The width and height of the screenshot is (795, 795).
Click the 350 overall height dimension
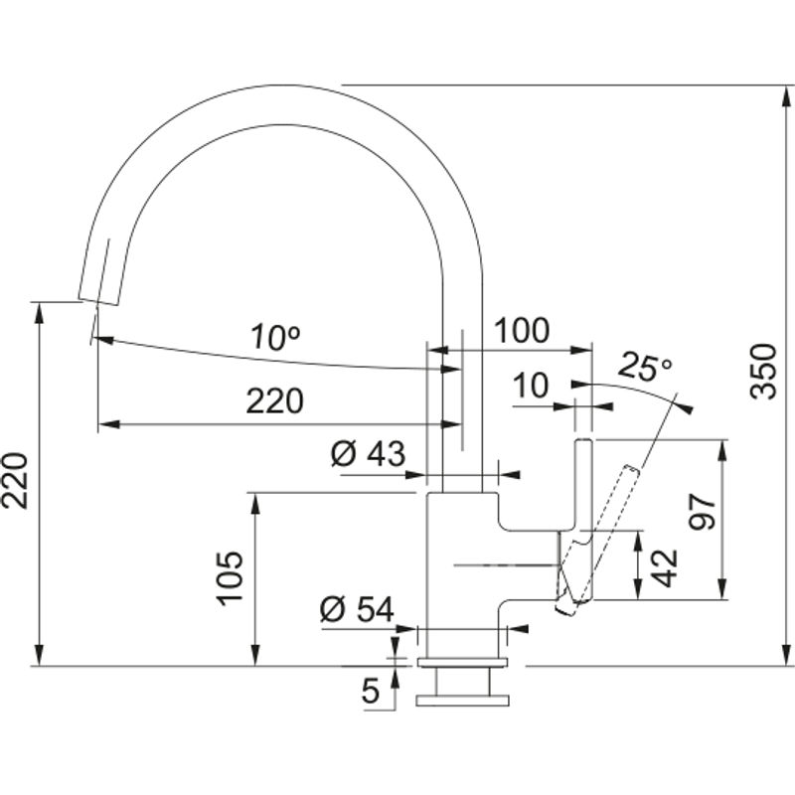[762, 371]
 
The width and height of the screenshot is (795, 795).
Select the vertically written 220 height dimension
[16, 480]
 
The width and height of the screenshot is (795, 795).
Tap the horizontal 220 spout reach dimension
[274, 401]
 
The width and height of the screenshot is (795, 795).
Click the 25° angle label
[644, 369]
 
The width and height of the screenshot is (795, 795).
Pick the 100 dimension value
[523, 331]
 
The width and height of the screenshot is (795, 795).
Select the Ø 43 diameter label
[367, 454]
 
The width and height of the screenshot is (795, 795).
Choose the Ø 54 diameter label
[358, 609]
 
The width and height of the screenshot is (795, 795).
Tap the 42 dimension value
[665, 567]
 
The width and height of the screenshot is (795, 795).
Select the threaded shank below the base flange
[462, 687]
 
